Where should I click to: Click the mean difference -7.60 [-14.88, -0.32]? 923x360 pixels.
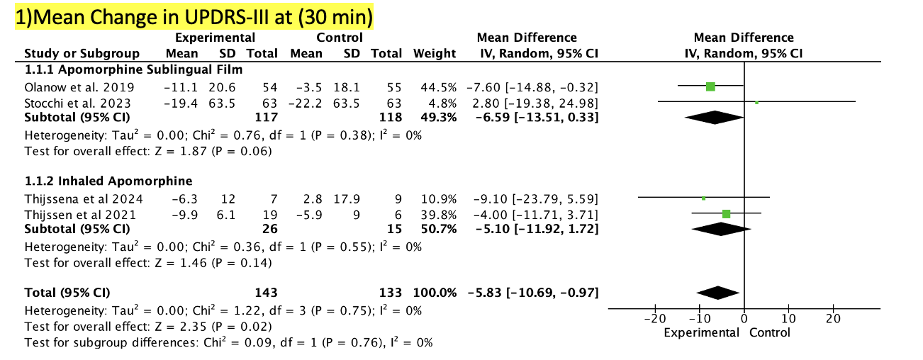(532, 87)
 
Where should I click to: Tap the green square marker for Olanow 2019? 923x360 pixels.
(710, 86)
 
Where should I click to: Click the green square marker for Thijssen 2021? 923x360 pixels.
(726, 213)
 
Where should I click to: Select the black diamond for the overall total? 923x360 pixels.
(717, 292)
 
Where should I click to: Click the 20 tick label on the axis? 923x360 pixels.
(834, 319)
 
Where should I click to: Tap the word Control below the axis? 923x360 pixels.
(770, 332)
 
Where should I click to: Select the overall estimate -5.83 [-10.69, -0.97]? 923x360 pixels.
(532, 292)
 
